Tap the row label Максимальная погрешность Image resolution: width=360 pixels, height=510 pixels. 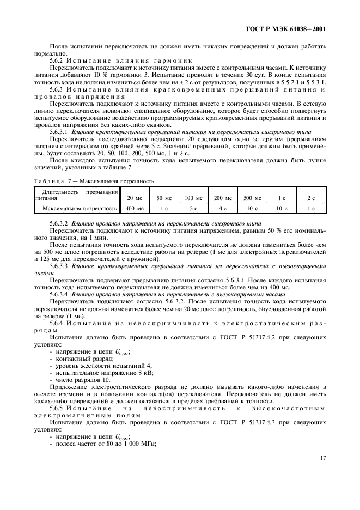80,208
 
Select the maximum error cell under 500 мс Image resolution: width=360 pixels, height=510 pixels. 252,208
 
